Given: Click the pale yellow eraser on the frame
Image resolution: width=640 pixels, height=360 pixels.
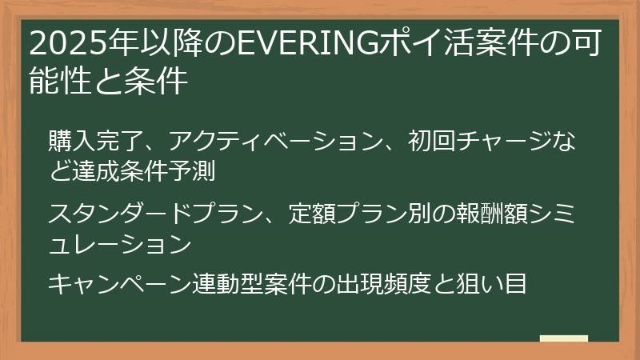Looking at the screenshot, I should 563,339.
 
